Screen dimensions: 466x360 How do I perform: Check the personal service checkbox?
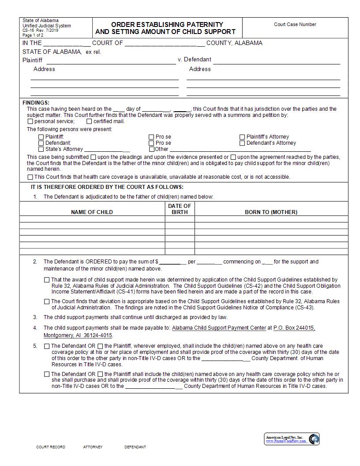click(x=30, y=121)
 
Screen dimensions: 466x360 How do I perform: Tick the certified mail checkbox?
click(x=89, y=121)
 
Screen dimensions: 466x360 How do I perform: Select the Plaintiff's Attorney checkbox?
click(x=242, y=137)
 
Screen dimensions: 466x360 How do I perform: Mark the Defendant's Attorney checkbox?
click(x=242, y=143)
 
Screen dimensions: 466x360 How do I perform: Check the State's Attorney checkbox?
click(x=41, y=149)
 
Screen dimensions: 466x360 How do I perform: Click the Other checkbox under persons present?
click(x=151, y=149)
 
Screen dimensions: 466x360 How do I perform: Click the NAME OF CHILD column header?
click(x=92, y=212)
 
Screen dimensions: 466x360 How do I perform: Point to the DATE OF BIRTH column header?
click(x=180, y=209)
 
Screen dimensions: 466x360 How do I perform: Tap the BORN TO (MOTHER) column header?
click(x=271, y=212)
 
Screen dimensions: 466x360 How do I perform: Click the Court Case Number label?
click(x=295, y=25)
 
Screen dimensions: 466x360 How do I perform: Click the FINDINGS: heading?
click(x=36, y=103)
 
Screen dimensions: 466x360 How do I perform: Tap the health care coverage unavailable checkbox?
click(x=30, y=177)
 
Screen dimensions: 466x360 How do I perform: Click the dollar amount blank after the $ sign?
click(x=172, y=262)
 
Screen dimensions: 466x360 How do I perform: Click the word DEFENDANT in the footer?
click(x=135, y=447)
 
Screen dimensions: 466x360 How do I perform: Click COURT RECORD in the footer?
click(x=50, y=447)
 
